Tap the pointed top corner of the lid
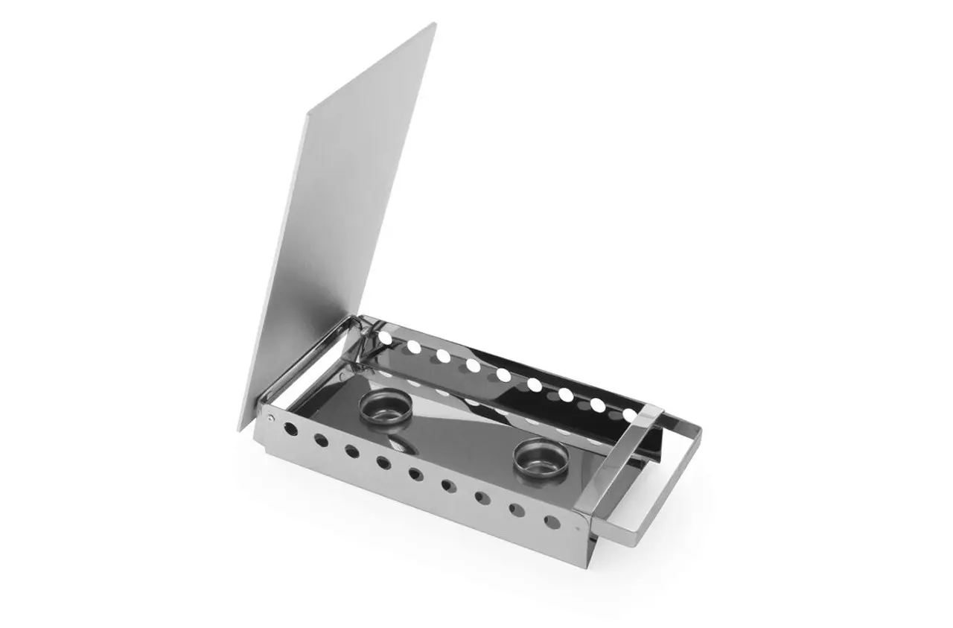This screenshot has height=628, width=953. pos(434,25)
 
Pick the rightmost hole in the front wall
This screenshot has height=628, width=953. pos(552,521)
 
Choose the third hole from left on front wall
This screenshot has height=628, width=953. pos(352,451)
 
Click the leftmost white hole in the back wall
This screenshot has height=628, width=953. pos(386,337)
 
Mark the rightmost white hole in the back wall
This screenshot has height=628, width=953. pos(630,413)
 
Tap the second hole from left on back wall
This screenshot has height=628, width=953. pos(414,346)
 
